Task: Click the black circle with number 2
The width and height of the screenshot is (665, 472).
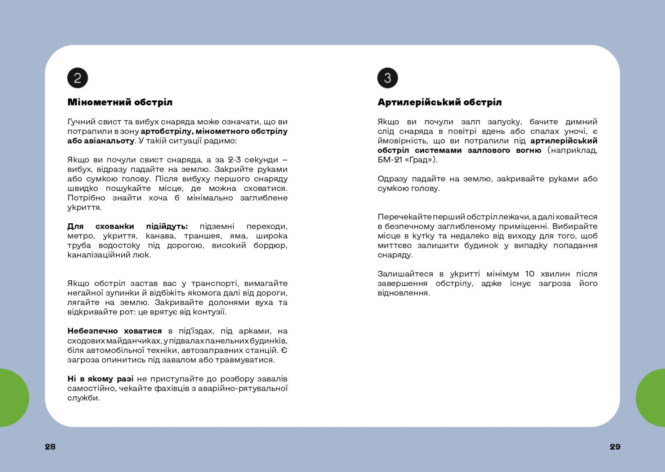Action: point(78,78)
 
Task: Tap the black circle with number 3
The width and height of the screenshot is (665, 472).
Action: point(387,78)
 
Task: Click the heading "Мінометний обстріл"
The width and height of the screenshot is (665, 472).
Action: point(120,102)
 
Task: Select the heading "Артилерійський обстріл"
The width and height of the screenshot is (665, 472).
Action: point(439,102)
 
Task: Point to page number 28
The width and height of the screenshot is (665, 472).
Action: point(50,447)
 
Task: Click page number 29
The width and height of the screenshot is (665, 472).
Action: point(615,447)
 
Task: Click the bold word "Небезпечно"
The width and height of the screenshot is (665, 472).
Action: point(92,331)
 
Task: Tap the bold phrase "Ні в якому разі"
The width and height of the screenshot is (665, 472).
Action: point(100,379)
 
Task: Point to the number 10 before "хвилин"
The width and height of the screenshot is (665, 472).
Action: point(530,274)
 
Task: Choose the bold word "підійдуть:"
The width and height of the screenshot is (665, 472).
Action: point(167,226)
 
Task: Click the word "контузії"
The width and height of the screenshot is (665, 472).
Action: point(209,312)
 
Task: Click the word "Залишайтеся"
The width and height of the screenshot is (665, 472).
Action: point(405,274)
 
